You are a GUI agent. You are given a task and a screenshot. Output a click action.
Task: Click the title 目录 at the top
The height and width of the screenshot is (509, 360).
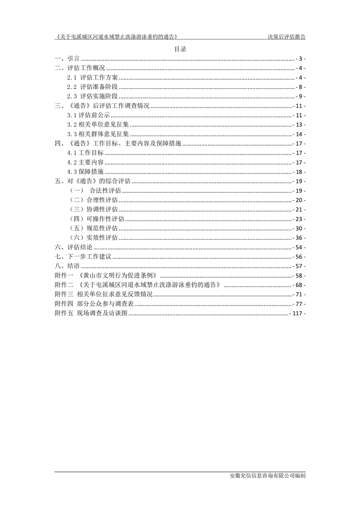point(180,49)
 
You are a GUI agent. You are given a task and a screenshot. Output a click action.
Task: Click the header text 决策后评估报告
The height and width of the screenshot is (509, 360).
point(286,37)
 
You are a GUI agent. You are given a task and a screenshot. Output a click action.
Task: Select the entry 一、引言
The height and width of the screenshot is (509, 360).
point(67,59)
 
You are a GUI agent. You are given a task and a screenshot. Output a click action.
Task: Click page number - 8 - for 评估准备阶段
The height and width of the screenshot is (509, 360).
point(300,87)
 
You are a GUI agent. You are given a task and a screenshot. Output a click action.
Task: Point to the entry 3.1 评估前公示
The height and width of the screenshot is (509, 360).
point(88,115)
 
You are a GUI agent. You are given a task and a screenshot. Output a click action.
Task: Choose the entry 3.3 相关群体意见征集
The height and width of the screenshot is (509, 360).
point(98,134)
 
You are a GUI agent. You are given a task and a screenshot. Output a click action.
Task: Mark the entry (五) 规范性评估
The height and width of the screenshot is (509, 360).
point(94,228)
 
